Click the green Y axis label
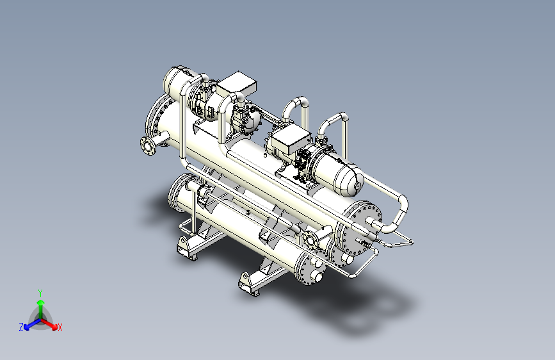pyautogui.click(x=40, y=293)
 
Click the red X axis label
pyautogui.click(x=60, y=327)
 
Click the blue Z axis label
pyautogui.click(x=21, y=327)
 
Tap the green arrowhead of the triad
pyautogui.click(x=41, y=302)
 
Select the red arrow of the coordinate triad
pyautogui.click(x=49, y=324)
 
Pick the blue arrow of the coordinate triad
pyautogui.click(x=33, y=324)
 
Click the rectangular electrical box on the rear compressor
pyautogui.click(x=237, y=84)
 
